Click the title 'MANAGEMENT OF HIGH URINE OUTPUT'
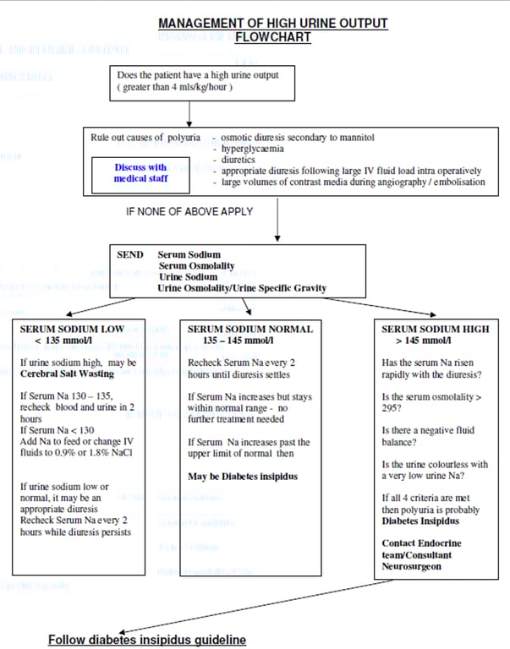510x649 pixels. (x=272, y=23)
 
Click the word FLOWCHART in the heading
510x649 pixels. (x=272, y=37)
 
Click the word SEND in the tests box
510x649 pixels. (x=130, y=254)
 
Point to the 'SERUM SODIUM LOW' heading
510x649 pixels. (x=72, y=329)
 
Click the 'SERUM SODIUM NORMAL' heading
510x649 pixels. (x=250, y=329)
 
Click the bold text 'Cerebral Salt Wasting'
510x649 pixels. (x=67, y=374)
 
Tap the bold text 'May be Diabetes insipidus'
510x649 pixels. (x=242, y=477)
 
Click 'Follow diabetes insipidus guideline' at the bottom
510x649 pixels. (x=147, y=640)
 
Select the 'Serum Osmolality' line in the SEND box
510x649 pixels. (x=196, y=265)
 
